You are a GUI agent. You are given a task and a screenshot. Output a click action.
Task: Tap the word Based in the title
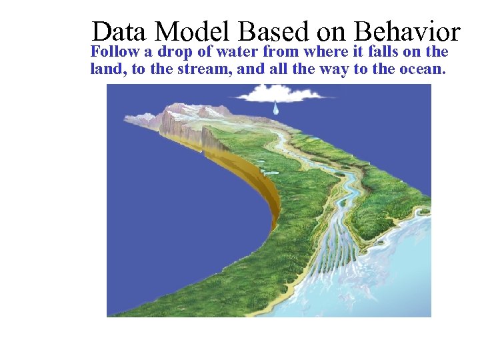point(273,32)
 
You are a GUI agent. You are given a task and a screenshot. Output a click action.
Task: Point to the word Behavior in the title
point(407,32)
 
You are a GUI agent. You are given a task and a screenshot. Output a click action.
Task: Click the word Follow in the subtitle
point(115,52)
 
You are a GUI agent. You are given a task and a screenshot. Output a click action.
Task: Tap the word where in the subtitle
point(323,52)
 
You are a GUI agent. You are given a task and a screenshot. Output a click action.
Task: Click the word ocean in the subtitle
point(419,69)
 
